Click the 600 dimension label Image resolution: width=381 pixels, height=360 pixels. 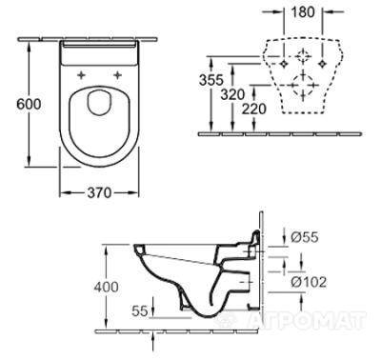[x=29, y=104]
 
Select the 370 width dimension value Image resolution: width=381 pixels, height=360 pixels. [x=99, y=192]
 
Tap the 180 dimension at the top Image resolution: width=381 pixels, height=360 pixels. [x=303, y=12]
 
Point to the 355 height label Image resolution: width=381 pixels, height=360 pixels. [x=211, y=80]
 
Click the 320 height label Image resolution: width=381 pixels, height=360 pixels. [x=233, y=94]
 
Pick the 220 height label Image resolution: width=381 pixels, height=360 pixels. [x=254, y=109]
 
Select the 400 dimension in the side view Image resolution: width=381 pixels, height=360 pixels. [x=106, y=287]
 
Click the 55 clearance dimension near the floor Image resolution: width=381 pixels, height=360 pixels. [x=140, y=311]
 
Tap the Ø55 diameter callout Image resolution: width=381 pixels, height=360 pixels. [x=305, y=237]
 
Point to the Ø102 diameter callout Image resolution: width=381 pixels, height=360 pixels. [x=309, y=282]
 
